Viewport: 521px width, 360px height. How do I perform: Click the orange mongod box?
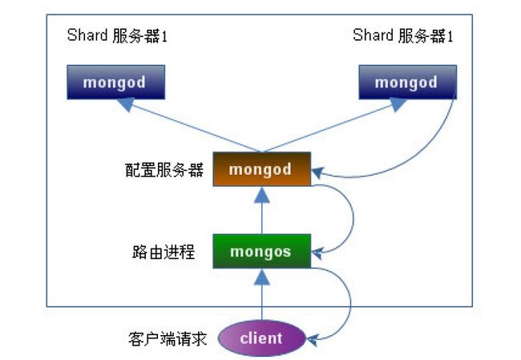pyautogui.click(x=262, y=169)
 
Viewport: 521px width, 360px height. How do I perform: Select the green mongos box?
pyautogui.click(x=262, y=251)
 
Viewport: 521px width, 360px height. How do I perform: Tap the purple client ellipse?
pyautogui.click(x=262, y=338)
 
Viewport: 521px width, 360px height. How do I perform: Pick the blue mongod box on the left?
pyautogui.click(x=116, y=82)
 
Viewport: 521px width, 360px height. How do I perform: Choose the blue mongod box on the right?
pyautogui.click(x=408, y=82)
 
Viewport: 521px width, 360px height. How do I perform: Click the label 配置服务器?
pyautogui.click(x=164, y=170)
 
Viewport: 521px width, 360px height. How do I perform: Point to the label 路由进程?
pyautogui.click(x=164, y=252)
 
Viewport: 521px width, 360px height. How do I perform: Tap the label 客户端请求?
pyautogui.click(x=168, y=338)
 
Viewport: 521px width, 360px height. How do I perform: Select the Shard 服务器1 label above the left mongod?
pyautogui.click(x=117, y=35)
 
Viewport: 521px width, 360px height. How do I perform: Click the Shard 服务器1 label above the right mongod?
pyautogui.click(x=402, y=35)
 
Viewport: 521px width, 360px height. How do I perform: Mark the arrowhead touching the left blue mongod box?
pyautogui.click(x=127, y=104)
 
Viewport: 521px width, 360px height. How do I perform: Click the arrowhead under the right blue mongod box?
pyautogui.click(x=398, y=104)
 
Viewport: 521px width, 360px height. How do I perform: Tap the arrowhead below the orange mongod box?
pyautogui.click(x=262, y=195)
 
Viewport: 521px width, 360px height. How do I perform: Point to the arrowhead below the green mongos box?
pyautogui.click(x=262, y=277)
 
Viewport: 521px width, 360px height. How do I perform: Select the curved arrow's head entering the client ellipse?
pyautogui.click(x=313, y=340)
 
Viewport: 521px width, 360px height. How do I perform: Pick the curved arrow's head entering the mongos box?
pyautogui.click(x=317, y=253)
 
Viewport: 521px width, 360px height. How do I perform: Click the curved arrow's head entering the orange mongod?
pyautogui.click(x=317, y=172)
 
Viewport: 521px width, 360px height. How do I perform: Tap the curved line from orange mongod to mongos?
pyautogui.click(x=353, y=218)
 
